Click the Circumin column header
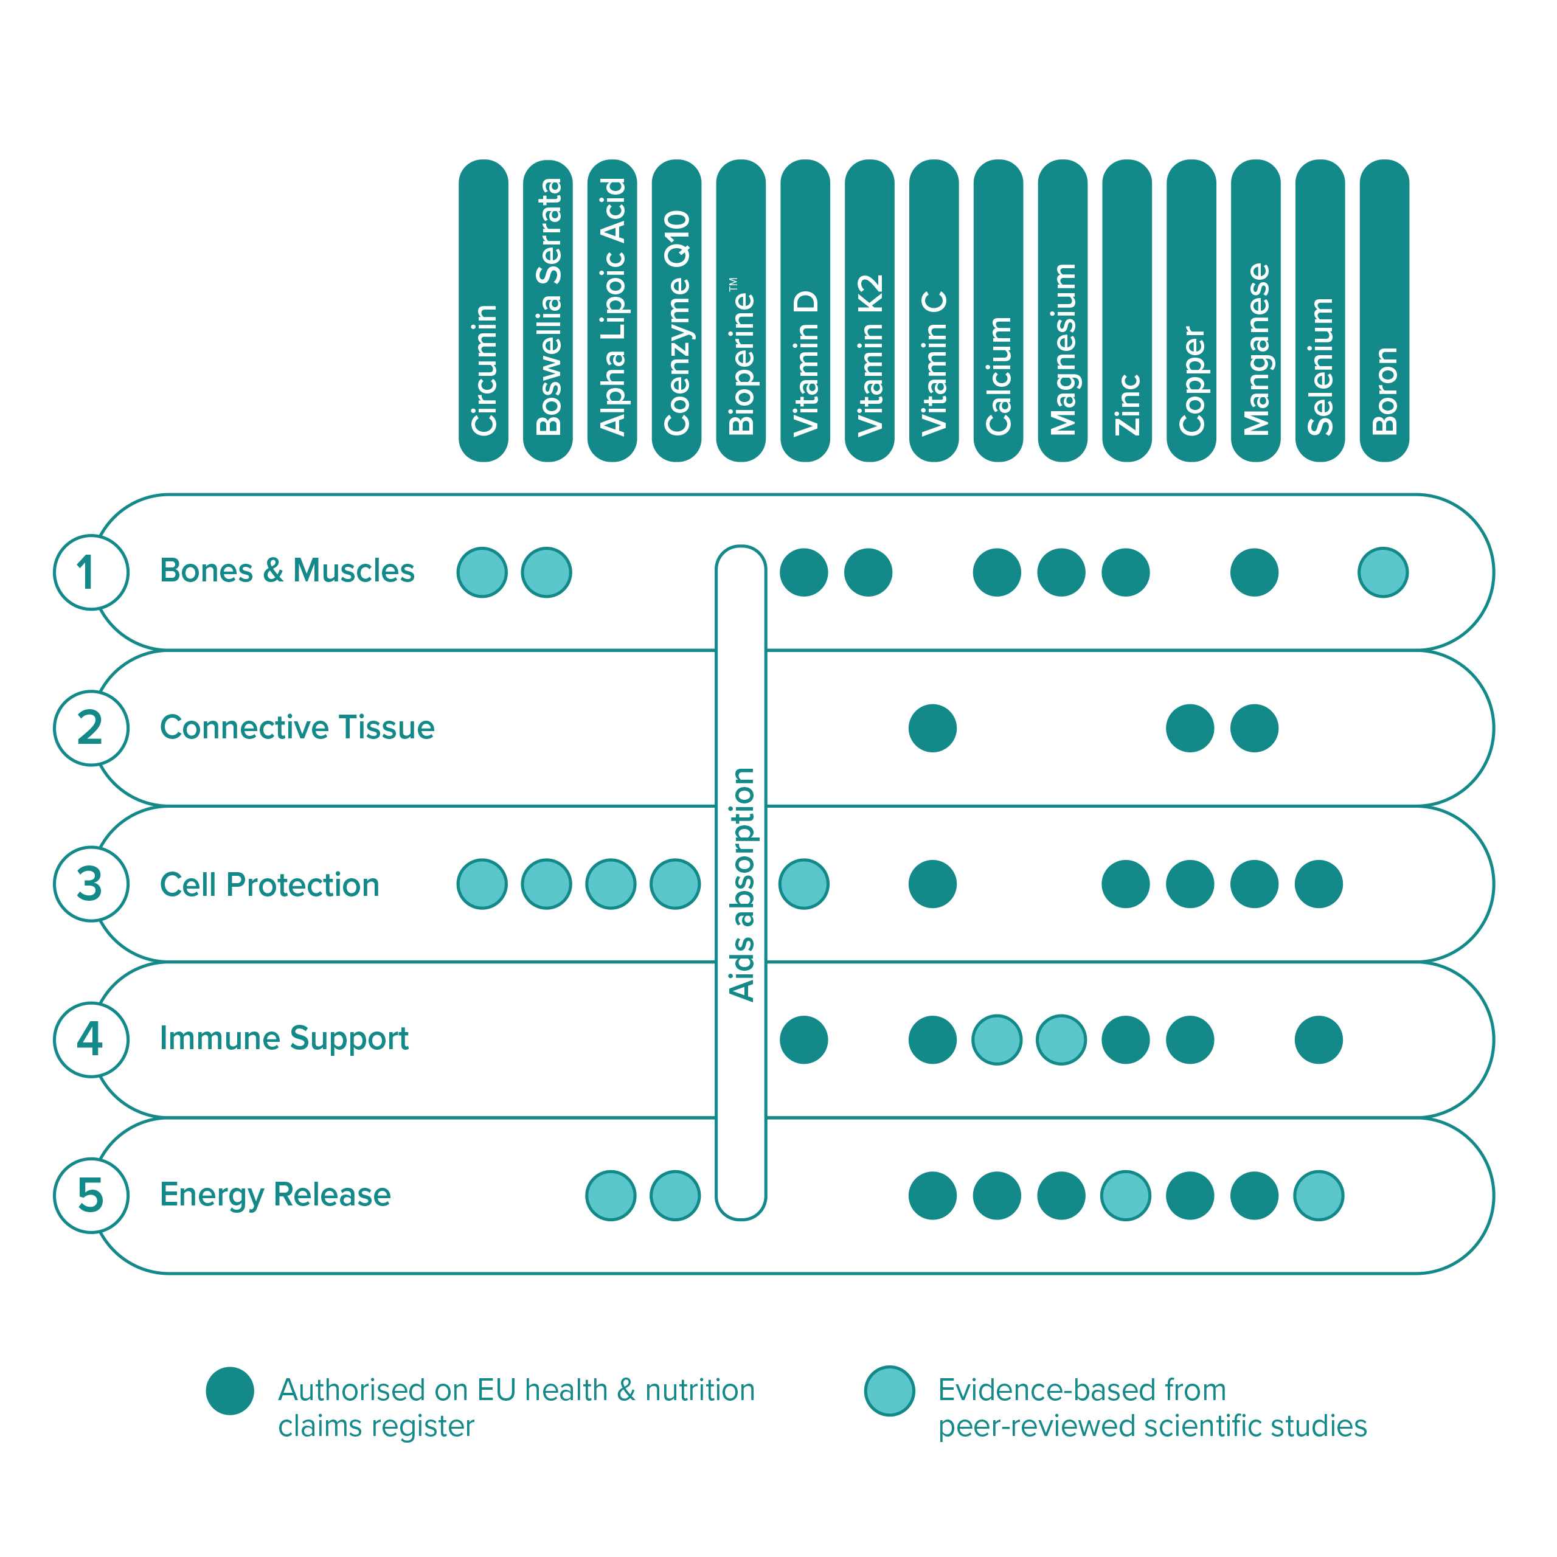[483, 310]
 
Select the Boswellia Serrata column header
[547, 310]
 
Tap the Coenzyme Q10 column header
[676, 310]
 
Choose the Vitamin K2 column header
[870, 310]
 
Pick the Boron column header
[1384, 310]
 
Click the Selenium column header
[1320, 310]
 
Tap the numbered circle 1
[91, 572]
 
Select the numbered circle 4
[91, 1039]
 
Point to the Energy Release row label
[275, 1195]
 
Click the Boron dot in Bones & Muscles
[1383, 572]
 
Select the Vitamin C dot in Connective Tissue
[932, 729]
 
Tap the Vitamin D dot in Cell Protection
[804, 884]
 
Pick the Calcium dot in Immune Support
[997, 1039]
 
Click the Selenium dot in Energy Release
[1319, 1196]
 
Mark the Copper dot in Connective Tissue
[1190, 729]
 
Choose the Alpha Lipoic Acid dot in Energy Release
[611, 1196]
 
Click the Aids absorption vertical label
[741, 884]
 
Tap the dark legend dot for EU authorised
[230, 1391]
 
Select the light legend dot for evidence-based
[890, 1391]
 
